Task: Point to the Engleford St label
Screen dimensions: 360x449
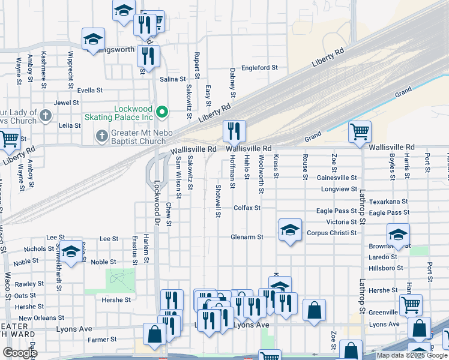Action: coord(259,68)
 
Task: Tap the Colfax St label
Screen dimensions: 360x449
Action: coord(247,208)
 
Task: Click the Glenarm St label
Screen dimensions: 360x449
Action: coord(247,237)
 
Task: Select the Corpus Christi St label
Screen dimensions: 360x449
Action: coord(331,233)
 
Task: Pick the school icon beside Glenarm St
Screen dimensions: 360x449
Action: coord(290,230)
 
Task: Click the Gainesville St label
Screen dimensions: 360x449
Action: coord(337,178)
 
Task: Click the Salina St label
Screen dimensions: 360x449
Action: coord(172,79)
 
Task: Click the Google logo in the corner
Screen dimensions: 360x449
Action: coord(20,353)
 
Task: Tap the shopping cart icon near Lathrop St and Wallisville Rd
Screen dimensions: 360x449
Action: coord(360,131)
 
